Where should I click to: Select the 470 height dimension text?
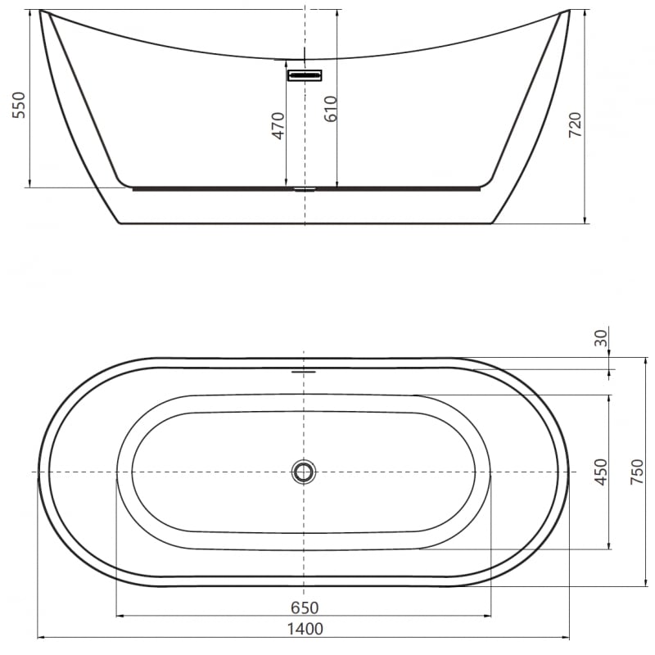[278, 124]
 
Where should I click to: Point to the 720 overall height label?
[575, 124]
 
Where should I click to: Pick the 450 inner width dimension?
[601, 472]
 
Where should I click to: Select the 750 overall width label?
[637, 472]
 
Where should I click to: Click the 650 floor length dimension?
[305, 608]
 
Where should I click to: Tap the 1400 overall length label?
[305, 629]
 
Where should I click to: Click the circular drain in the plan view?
[304, 472]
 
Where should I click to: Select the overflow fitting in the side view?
[305, 75]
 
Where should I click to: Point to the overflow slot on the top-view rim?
[304, 370]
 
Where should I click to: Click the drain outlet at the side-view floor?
[305, 188]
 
